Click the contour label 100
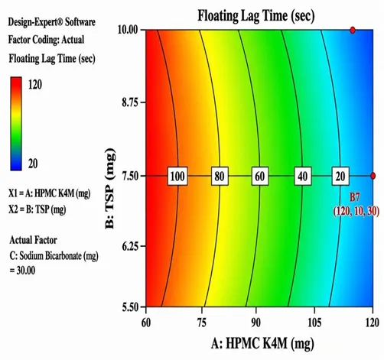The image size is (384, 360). [x=177, y=176]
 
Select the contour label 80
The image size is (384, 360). [x=220, y=176]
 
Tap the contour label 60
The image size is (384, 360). [x=260, y=176]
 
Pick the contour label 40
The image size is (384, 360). [x=303, y=176]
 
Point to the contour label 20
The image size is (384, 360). [x=340, y=176]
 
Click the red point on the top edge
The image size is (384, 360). [x=353, y=30]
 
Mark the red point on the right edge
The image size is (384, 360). [x=373, y=176]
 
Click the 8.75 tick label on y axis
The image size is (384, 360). [x=130, y=102]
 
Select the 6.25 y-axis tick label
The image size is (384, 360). [x=130, y=246]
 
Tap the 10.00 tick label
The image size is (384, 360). [x=128, y=30]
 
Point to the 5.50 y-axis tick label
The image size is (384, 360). [x=130, y=307]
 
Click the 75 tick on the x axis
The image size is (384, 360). [x=202, y=323]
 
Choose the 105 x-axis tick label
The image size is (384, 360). [x=314, y=323]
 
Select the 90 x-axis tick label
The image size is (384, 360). [x=256, y=323]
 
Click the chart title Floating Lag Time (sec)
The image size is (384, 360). [x=256, y=16]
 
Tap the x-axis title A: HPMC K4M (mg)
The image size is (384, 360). [x=262, y=344]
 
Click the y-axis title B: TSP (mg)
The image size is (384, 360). [x=110, y=188]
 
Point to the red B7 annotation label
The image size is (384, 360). [x=354, y=197]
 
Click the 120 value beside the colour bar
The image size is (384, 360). [x=35, y=84]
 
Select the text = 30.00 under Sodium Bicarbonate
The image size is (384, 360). [x=22, y=271]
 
